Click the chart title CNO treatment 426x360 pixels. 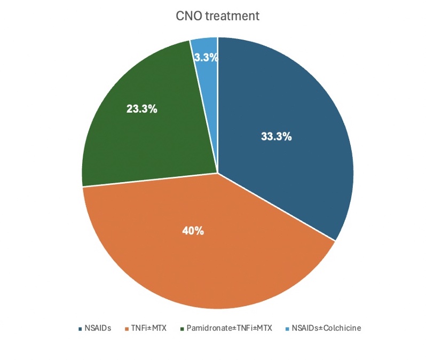coord(217,16)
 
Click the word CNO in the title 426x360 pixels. coord(187,16)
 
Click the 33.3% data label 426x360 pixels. coord(276,136)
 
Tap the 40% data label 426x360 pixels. coord(192,231)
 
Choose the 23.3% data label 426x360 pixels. coord(141,108)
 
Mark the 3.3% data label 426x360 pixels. coord(206,58)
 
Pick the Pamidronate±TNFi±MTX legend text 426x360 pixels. coord(229,328)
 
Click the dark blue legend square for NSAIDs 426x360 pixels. coord(80,328)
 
